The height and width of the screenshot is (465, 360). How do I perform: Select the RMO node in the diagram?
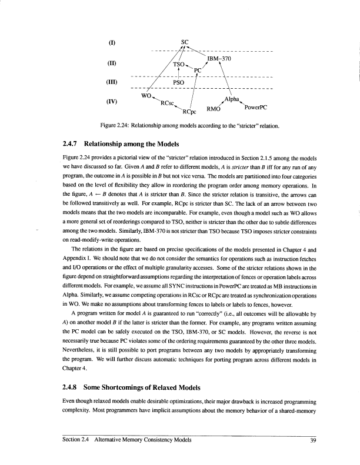click(213, 109)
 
